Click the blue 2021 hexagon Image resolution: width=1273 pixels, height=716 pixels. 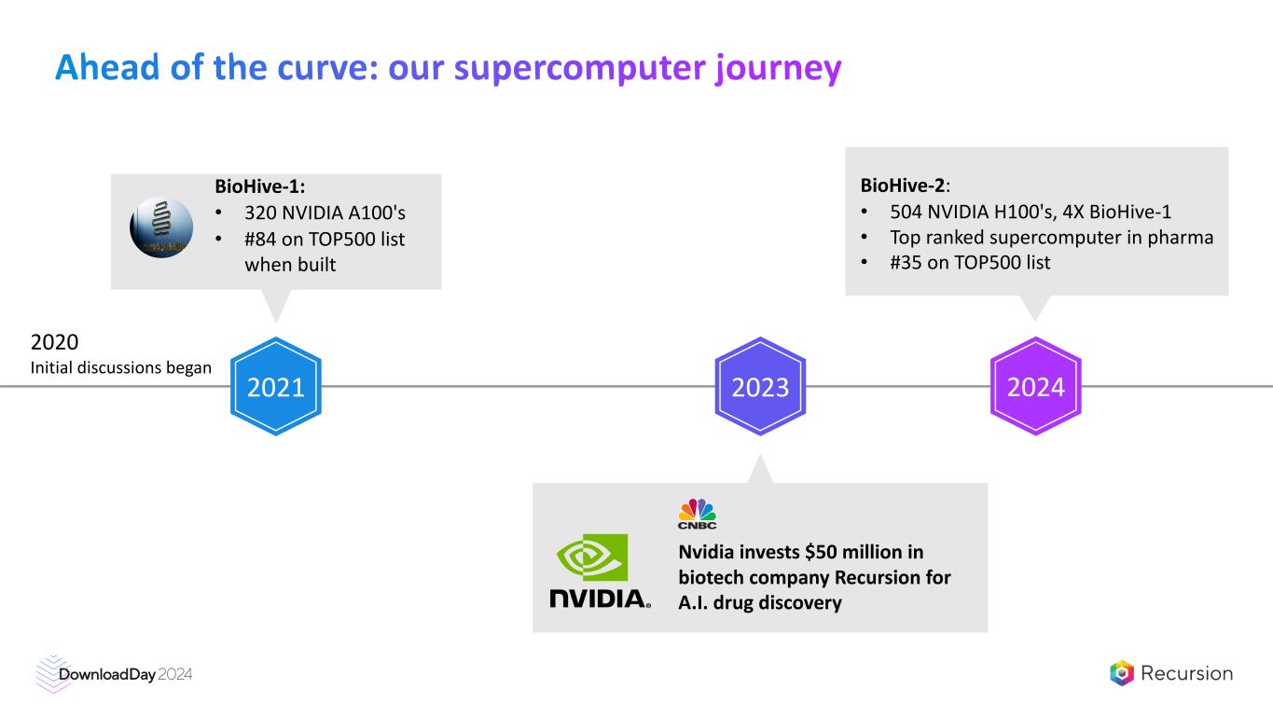(x=276, y=386)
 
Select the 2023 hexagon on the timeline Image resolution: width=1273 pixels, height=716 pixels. (x=760, y=386)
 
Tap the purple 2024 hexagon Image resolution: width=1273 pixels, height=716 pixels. (x=1035, y=386)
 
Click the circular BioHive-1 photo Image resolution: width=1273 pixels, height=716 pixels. (x=161, y=227)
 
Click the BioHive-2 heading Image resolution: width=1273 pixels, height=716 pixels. (x=901, y=184)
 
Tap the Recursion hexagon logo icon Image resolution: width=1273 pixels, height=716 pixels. (x=1122, y=673)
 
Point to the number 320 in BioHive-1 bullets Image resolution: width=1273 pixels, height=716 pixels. (x=261, y=213)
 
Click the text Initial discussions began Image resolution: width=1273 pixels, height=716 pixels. (x=121, y=368)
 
